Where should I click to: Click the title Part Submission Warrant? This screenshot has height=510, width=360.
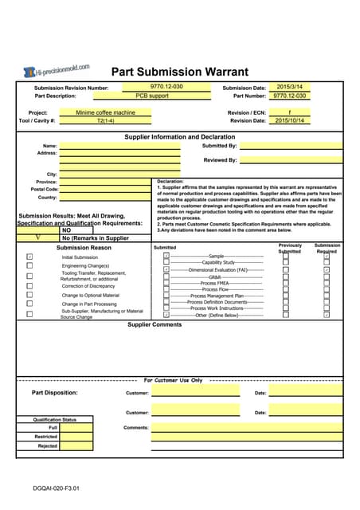pos(179,72)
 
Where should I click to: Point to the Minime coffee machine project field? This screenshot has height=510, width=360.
pos(105,113)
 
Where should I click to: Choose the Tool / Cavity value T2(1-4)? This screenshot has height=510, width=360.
pos(105,121)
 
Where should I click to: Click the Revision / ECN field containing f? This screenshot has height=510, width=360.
pos(290,112)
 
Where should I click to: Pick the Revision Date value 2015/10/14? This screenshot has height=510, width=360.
pos(290,120)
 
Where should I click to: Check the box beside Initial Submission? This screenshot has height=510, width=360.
pos(29,257)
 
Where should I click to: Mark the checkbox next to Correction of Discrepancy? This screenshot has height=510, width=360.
pos(29,285)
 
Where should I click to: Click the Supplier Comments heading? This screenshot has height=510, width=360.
pos(155,324)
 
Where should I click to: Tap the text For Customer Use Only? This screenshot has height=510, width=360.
pos(173,380)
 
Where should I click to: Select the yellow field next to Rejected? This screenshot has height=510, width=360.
pos(77,446)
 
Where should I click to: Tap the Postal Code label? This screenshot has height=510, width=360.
pos(45,190)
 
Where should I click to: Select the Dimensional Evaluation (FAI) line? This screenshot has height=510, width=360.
pos(214,269)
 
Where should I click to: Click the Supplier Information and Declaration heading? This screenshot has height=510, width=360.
pos(179,137)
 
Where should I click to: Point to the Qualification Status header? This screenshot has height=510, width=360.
pos(54,419)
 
